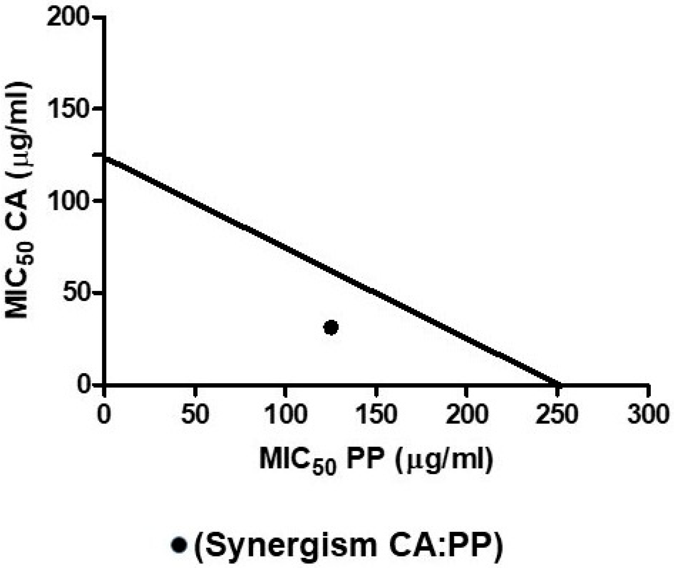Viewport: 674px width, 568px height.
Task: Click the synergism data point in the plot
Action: [331, 328]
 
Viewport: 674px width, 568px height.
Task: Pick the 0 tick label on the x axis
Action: [104, 414]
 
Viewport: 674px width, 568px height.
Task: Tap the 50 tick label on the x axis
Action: [195, 414]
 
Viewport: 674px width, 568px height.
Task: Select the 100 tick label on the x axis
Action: [285, 414]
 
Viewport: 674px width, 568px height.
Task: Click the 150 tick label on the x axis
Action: [376, 414]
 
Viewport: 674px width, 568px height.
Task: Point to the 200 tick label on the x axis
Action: [467, 414]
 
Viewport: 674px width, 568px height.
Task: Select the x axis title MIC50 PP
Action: [376, 460]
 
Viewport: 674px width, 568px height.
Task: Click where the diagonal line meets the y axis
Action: [104, 158]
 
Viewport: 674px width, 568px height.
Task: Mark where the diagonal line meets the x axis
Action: [558, 384]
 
